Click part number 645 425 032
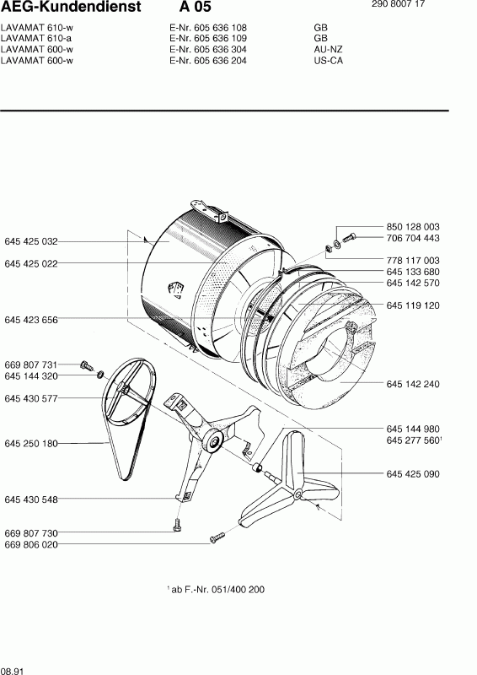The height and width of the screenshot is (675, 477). tap(31, 241)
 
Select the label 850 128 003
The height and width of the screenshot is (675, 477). tap(413, 227)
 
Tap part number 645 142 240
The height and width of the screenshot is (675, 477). tap(413, 384)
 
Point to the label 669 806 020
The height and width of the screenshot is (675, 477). tap(31, 544)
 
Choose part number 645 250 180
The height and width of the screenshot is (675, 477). tap(31, 444)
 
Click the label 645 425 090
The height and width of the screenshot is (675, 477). tap(413, 474)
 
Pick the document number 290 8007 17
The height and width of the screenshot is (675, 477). tap(399, 4)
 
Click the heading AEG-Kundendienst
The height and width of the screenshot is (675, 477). tap(71, 7)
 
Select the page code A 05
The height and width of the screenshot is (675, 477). tap(196, 7)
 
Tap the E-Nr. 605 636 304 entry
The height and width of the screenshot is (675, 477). tap(208, 50)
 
